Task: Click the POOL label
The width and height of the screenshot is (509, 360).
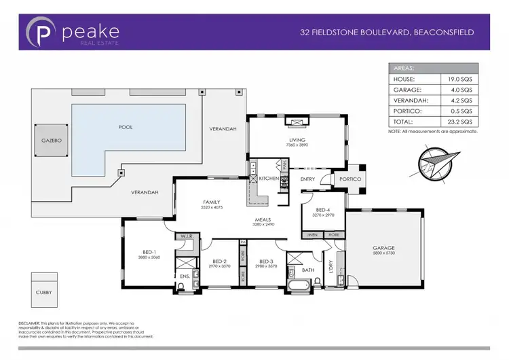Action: (126, 127)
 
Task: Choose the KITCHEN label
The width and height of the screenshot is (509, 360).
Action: (269, 179)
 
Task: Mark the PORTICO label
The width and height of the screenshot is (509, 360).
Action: (351, 179)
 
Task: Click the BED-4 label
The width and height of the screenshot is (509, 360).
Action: (323, 210)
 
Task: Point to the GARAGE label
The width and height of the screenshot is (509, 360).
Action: (383, 248)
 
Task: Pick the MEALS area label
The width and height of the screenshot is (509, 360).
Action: (265, 219)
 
